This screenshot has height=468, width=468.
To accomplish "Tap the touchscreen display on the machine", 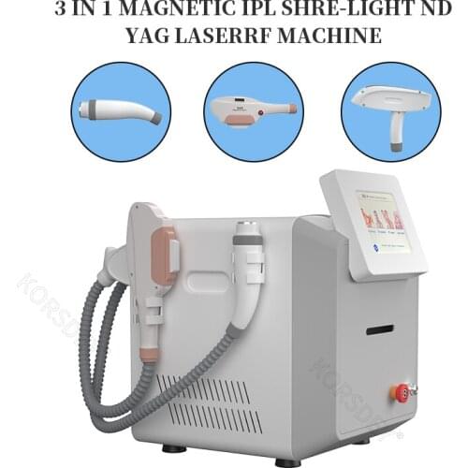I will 384,223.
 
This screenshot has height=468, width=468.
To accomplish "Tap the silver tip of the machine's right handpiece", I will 248,230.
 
